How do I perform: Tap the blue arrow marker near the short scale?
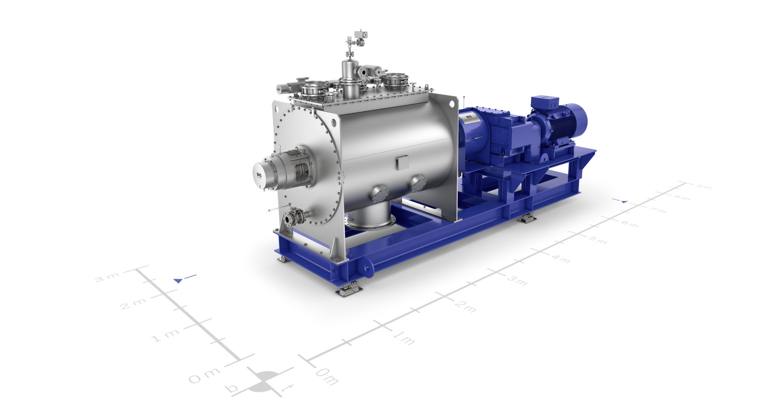point(178,280)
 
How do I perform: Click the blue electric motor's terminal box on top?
point(544,102)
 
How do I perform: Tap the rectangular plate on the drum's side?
point(402,162)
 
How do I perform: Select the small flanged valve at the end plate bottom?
point(294,217)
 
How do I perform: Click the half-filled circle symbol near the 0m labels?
point(265,381)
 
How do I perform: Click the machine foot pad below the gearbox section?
point(527,219)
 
